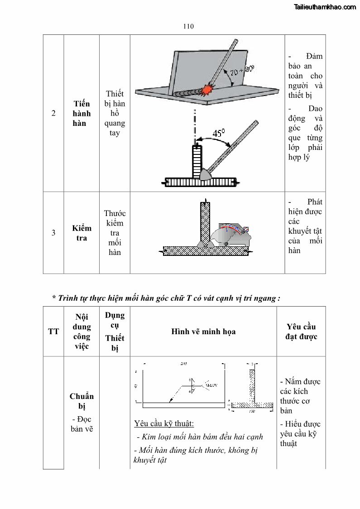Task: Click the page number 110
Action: pyautogui.click(x=188, y=26)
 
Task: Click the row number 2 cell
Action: pyautogui.click(x=53, y=113)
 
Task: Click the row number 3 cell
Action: pyautogui.click(x=53, y=233)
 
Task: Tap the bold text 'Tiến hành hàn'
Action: pyautogui.click(x=82, y=113)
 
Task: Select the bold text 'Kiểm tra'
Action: pyautogui.click(x=82, y=233)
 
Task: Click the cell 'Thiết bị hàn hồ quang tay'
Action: pyautogui.click(x=115, y=113)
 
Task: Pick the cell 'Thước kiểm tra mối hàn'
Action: pyautogui.click(x=115, y=233)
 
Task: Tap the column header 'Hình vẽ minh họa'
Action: pyautogui.click(x=203, y=331)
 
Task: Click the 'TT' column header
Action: pyautogui.click(x=53, y=331)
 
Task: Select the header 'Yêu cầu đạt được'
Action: pyautogui.click(x=301, y=331)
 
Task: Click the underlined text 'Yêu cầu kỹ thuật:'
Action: pyautogui.click(x=164, y=424)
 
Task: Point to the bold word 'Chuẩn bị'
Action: pyautogui.click(x=82, y=401)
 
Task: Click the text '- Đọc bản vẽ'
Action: pyautogui.click(x=82, y=424)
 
